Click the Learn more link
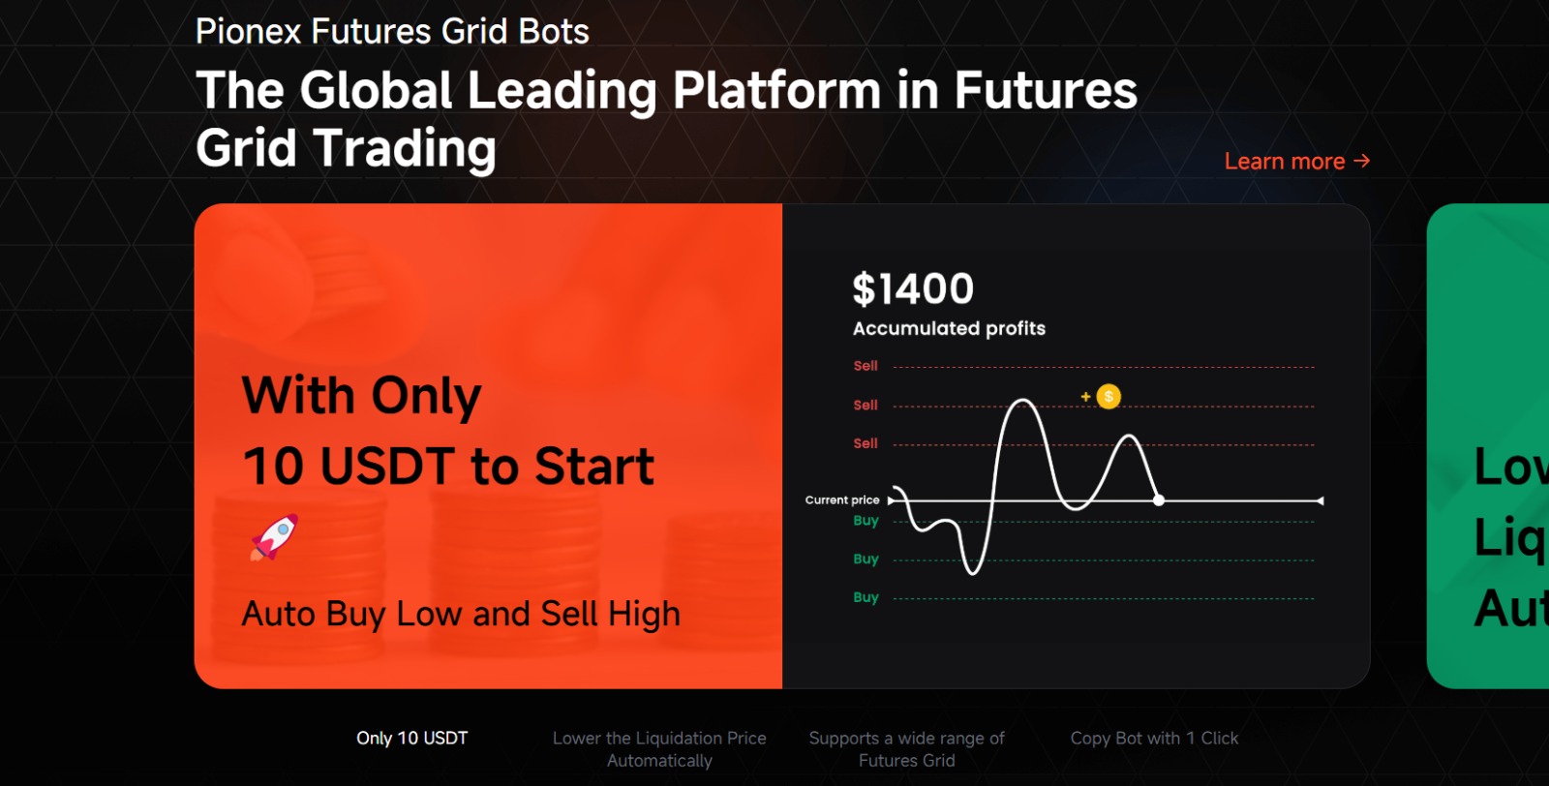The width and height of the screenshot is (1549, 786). [1296, 162]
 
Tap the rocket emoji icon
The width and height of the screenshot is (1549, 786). [275, 537]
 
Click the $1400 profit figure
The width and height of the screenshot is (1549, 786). [913, 289]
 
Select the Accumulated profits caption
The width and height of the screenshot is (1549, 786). [949, 328]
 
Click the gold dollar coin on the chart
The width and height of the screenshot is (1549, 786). [1109, 397]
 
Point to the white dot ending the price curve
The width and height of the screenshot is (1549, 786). [1159, 500]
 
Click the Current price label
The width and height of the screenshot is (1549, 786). [842, 500]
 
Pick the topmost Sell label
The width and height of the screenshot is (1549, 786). [866, 366]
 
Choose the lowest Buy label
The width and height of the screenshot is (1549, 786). [866, 597]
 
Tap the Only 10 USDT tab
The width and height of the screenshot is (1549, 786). [412, 739]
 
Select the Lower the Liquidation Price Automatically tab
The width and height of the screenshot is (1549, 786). [659, 749]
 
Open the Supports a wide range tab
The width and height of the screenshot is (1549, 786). [907, 749]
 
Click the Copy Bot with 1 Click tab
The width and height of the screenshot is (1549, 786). [1154, 739]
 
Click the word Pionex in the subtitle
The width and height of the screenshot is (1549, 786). [249, 32]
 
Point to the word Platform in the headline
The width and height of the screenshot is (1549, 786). [776, 91]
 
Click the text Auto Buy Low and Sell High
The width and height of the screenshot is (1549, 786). [461, 614]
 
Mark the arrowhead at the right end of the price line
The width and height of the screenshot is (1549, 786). [1320, 500]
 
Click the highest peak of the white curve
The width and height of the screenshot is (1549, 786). [1022, 401]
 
